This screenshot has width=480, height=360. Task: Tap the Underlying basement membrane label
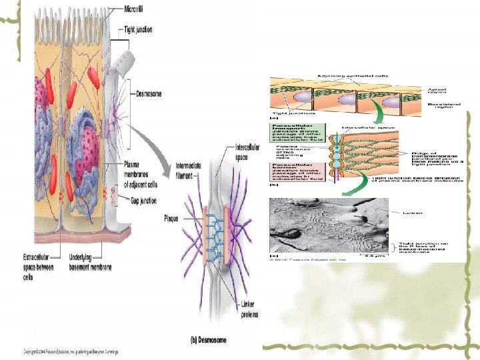click(91, 262)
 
